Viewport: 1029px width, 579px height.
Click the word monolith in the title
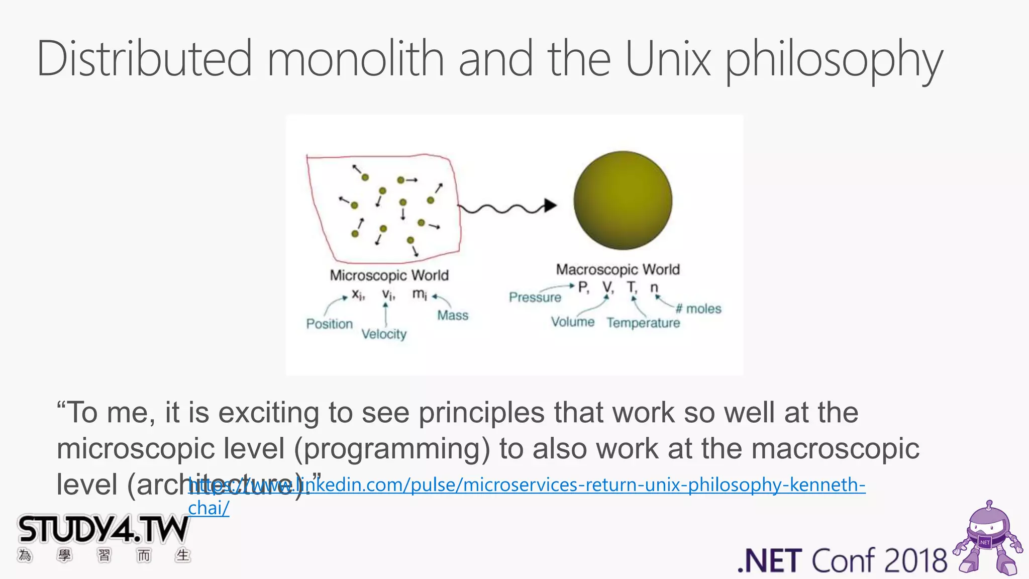[x=355, y=59]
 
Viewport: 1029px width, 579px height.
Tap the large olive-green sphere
[x=623, y=200]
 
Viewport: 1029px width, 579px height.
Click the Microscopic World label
[x=389, y=275]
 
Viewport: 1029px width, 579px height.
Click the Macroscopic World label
[x=618, y=270]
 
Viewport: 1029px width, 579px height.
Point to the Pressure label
[x=535, y=298]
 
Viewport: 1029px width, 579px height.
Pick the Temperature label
[x=643, y=323]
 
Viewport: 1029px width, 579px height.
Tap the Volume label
[x=572, y=322]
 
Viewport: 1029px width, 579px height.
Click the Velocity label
[x=384, y=334]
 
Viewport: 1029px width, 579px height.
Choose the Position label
[x=330, y=324]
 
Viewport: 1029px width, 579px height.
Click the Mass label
[x=452, y=316]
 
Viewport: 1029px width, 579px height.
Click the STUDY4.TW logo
[x=103, y=530]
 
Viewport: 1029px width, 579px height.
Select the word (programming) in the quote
[x=391, y=449]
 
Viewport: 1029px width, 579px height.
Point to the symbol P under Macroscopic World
[x=583, y=287]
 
